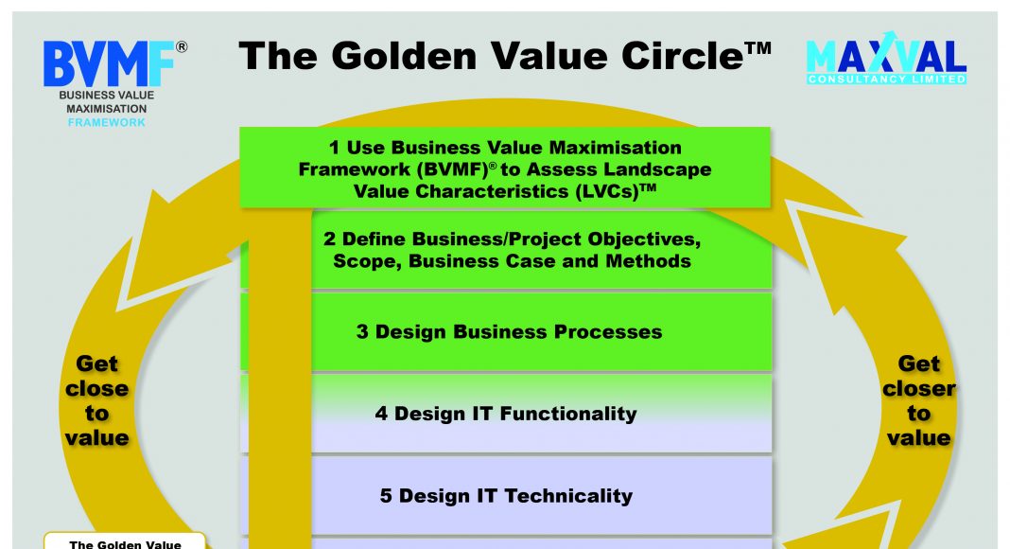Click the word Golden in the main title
tap(405, 56)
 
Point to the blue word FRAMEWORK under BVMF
tap(106, 122)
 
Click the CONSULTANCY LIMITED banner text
tap(886, 80)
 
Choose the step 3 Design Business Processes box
tap(506, 332)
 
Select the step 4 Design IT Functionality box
tap(506, 414)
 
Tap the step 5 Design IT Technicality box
tap(506, 495)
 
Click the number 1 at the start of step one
tap(334, 148)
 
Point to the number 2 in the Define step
tap(329, 239)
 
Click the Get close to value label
tap(96, 400)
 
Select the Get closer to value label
tap(918, 400)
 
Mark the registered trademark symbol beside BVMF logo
tap(182, 47)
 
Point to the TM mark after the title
tap(758, 48)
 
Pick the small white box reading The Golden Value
tap(125, 540)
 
